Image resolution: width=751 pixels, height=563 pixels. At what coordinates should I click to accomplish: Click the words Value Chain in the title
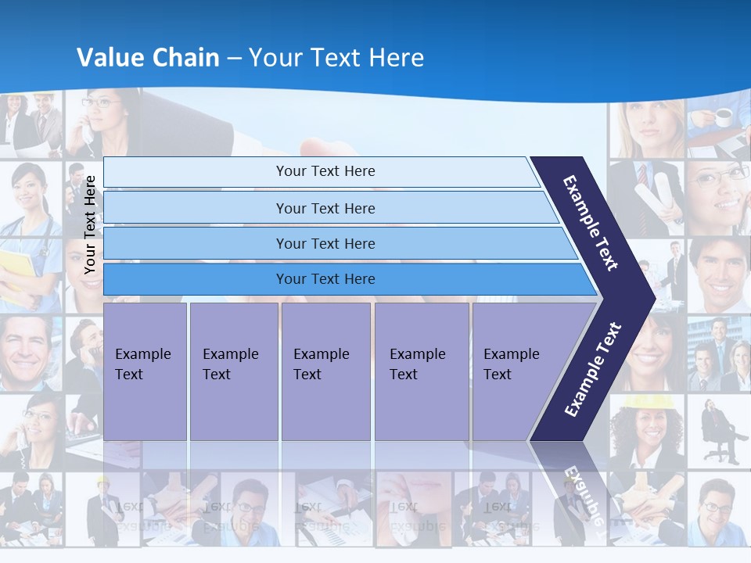148,58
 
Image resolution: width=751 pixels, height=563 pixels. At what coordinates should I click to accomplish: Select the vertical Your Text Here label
90,225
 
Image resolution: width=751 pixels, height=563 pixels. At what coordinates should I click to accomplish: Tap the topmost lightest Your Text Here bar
325,171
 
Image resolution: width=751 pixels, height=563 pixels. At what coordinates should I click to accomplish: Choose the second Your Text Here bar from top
325,208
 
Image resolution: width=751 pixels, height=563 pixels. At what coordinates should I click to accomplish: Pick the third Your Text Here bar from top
325,244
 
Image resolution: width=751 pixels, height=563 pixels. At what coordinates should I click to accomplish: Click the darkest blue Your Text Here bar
325,279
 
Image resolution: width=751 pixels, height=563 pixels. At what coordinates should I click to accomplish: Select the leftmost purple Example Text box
145,371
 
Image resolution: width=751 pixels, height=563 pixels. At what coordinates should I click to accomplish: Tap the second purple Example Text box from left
233,371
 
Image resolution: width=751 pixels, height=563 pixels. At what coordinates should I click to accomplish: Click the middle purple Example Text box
325,371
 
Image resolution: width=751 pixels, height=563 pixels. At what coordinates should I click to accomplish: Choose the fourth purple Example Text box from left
421,371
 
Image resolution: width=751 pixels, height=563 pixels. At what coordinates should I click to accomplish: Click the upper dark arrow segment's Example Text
591,223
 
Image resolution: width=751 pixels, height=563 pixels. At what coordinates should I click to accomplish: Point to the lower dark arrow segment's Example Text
593,369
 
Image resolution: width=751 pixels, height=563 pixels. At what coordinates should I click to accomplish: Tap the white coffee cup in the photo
724,117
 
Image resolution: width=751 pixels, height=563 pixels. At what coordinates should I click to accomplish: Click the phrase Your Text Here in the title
336,58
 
